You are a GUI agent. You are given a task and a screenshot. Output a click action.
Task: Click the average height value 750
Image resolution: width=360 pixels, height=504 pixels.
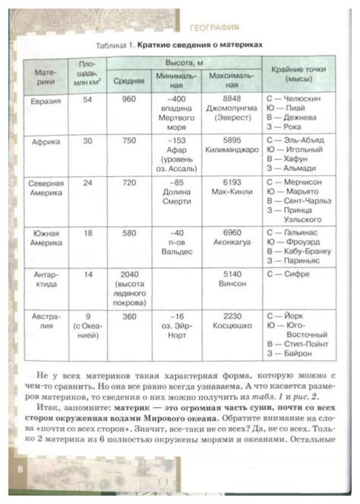128,141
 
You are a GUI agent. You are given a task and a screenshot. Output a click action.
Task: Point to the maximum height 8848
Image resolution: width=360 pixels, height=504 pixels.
232,99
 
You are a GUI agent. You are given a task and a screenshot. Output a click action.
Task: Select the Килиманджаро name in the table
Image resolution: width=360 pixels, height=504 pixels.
232,151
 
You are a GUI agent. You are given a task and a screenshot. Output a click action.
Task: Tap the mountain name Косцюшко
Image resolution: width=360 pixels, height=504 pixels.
232,324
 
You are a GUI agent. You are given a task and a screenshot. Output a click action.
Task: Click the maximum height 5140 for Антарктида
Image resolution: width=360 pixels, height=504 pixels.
232,272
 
